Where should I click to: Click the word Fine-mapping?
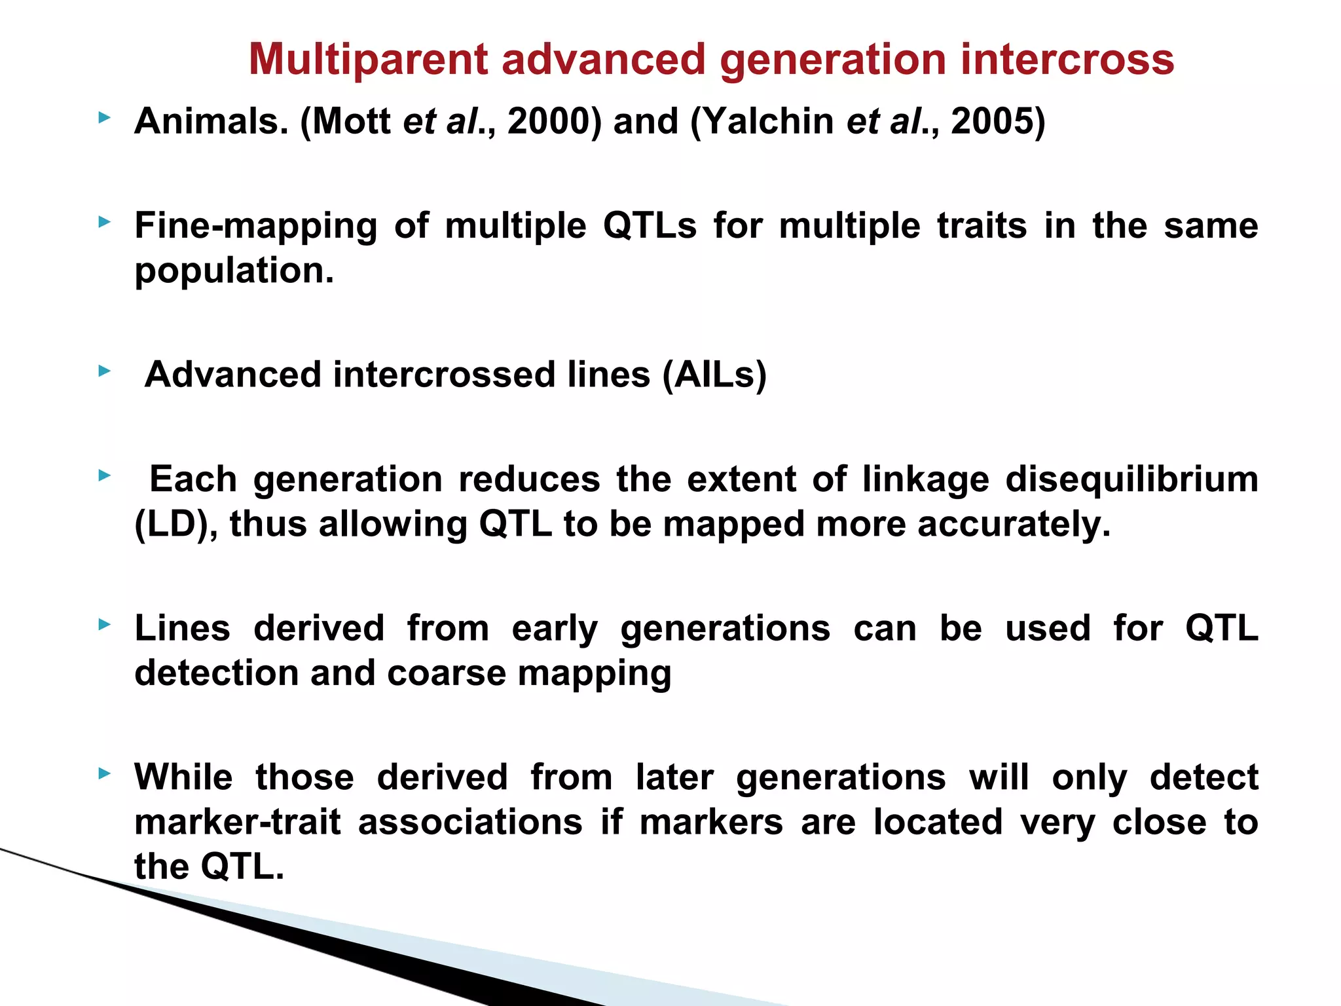click(x=255, y=227)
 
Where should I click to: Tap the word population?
click(x=234, y=271)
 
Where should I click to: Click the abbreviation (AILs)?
click(x=714, y=375)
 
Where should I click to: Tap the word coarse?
click(x=446, y=674)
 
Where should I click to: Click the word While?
click(x=183, y=778)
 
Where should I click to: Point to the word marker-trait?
click(x=237, y=823)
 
